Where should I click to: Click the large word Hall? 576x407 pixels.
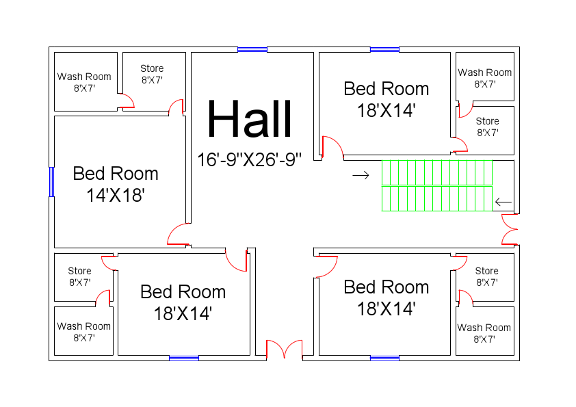click(x=250, y=120)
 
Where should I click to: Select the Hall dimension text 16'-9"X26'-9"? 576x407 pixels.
click(x=250, y=160)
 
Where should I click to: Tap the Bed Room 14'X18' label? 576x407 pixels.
click(x=116, y=184)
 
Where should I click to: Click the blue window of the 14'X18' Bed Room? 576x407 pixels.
click(x=51, y=181)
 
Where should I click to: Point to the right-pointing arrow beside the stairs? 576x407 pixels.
click(x=361, y=176)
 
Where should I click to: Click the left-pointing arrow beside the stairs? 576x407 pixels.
click(x=503, y=202)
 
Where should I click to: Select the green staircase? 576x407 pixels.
click(x=436, y=185)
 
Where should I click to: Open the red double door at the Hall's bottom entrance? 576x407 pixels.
click(x=284, y=349)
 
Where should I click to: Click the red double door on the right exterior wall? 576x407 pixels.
click(x=510, y=229)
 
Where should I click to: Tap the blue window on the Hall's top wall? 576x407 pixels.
click(x=252, y=49)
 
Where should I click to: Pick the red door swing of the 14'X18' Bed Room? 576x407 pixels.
click(x=178, y=235)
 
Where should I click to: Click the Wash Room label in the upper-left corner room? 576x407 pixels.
click(x=84, y=82)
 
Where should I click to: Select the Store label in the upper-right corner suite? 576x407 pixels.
click(x=487, y=127)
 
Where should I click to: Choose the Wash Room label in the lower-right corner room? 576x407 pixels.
click(x=484, y=333)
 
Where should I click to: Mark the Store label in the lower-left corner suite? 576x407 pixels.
click(x=79, y=276)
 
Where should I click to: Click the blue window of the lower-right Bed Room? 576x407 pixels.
click(x=384, y=358)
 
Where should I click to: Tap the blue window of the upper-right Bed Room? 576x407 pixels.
click(x=384, y=49)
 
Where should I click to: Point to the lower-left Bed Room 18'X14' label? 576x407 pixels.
click(x=183, y=302)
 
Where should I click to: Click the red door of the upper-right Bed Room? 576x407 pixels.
click(x=331, y=148)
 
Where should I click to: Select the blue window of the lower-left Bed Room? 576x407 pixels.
click(x=184, y=358)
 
